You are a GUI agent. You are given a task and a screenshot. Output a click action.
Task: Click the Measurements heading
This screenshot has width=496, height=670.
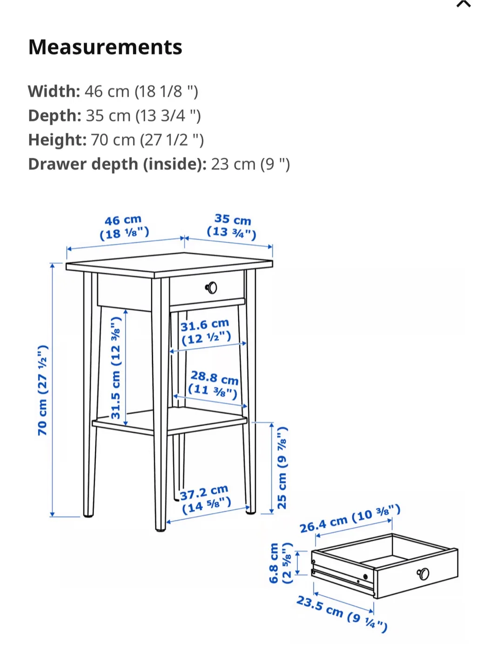pyautogui.click(x=105, y=47)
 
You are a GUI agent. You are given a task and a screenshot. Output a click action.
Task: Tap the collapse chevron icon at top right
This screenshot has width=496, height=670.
pyautogui.click(x=463, y=4)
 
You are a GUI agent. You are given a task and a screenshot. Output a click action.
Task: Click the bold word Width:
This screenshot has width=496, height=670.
pyautogui.click(x=54, y=91)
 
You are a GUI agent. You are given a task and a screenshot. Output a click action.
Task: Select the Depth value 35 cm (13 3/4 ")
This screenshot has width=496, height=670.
pyautogui.click(x=143, y=115)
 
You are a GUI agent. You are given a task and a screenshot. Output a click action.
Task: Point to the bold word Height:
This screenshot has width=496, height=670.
pyautogui.click(x=57, y=140)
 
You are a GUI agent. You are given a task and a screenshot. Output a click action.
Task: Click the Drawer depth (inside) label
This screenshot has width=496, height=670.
pyautogui.click(x=117, y=164)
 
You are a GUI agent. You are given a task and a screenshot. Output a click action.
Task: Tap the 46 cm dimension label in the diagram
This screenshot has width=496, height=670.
pyautogui.click(x=124, y=227)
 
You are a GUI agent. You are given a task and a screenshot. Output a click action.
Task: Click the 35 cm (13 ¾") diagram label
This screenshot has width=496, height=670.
pyautogui.click(x=232, y=226)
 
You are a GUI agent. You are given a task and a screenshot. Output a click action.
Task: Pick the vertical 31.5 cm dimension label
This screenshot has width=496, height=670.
pyautogui.click(x=116, y=368)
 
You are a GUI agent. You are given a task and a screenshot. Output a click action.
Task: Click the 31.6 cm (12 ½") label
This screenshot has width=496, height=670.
pyautogui.click(x=205, y=331)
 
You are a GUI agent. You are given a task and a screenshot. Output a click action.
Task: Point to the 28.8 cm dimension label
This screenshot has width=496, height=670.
pyautogui.click(x=214, y=384)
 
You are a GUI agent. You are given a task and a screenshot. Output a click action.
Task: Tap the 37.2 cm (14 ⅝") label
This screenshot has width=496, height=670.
pyautogui.click(x=205, y=499)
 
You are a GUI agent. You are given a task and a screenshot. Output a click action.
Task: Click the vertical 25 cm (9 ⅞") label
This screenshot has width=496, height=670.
pyautogui.click(x=282, y=467)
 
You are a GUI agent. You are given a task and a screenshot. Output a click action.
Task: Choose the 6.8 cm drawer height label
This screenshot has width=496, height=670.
pyautogui.click(x=281, y=563)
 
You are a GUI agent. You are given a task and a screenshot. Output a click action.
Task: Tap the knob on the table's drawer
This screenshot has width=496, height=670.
pyautogui.click(x=211, y=288)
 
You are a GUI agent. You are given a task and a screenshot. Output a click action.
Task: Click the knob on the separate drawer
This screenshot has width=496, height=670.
pyautogui.click(x=423, y=574)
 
